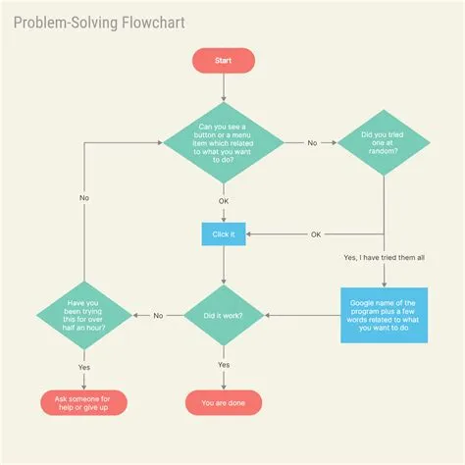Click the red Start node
point(224,61)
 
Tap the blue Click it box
point(224,234)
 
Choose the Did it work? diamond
point(224,315)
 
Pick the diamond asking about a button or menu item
point(224,142)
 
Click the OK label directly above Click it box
point(224,201)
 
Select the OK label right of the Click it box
point(316,234)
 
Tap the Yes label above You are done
point(224,365)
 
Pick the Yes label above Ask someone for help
point(84,367)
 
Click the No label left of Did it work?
point(158,315)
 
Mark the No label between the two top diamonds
point(312,142)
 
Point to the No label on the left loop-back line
point(84,197)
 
